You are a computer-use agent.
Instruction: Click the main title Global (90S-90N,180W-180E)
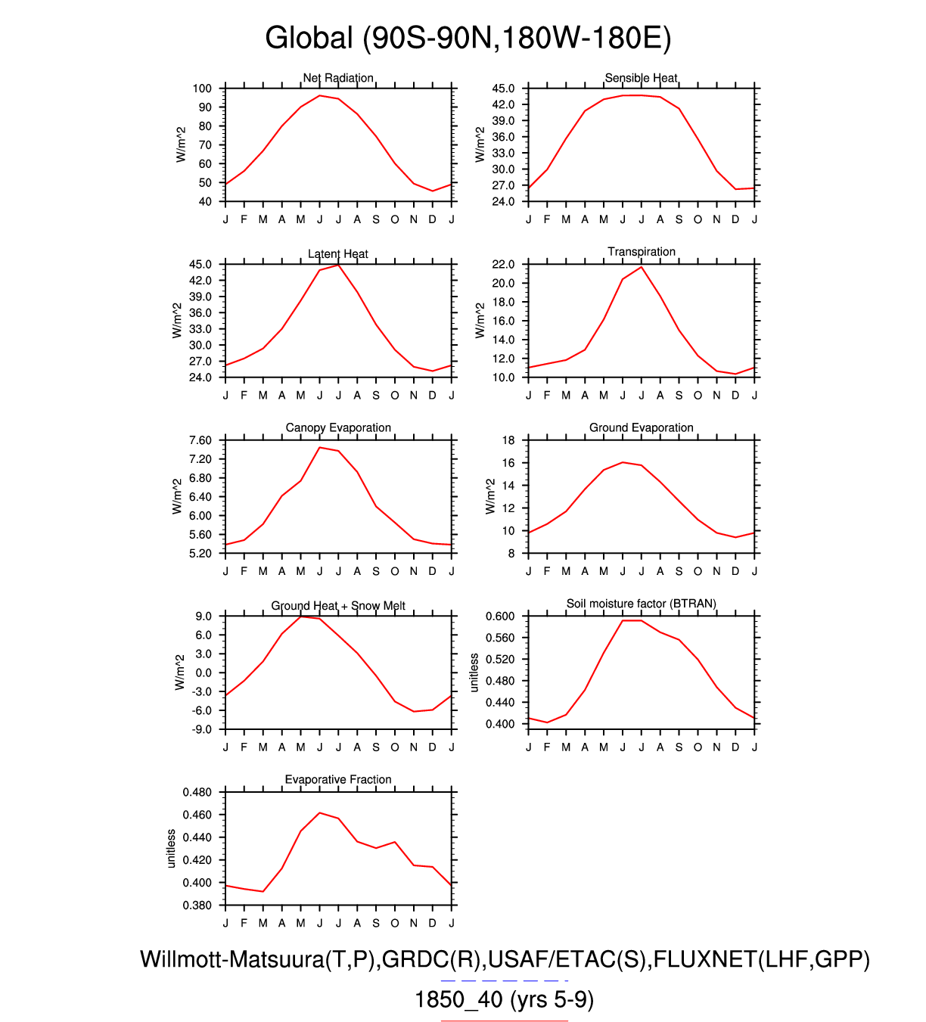pyautogui.click(x=468, y=38)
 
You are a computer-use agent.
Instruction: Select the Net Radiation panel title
pyautogui.click(x=338, y=78)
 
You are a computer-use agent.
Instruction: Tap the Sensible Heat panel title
pyautogui.click(x=641, y=78)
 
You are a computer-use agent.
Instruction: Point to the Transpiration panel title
pyautogui.click(x=642, y=252)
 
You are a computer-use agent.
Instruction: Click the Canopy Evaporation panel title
pyautogui.click(x=338, y=428)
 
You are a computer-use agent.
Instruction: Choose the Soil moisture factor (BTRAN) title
pyautogui.click(x=642, y=604)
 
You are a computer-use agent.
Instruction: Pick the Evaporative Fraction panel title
pyautogui.click(x=338, y=780)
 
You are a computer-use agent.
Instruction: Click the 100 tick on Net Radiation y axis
pyautogui.click(x=202, y=89)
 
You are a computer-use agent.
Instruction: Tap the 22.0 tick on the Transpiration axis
pyautogui.click(x=503, y=265)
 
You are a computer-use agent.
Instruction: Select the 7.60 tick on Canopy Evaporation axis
pyautogui.click(x=200, y=440)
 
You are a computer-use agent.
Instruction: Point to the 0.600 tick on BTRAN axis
pyautogui.click(x=500, y=617)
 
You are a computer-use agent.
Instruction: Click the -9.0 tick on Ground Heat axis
pyautogui.click(x=202, y=730)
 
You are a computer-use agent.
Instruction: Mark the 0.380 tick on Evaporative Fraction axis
pyautogui.click(x=197, y=906)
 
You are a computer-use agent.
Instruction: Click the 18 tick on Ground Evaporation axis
pyautogui.click(x=508, y=440)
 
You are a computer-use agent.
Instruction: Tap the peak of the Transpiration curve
pyautogui.click(x=642, y=267)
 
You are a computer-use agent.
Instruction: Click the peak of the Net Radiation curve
pyautogui.click(x=319, y=95)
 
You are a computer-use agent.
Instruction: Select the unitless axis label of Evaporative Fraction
pyautogui.click(x=171, y=849)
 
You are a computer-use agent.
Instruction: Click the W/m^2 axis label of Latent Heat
pyautogui.click(x=177, y=321)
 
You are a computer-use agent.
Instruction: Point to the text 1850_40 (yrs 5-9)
pyautogui.click(x=504, y=1000)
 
